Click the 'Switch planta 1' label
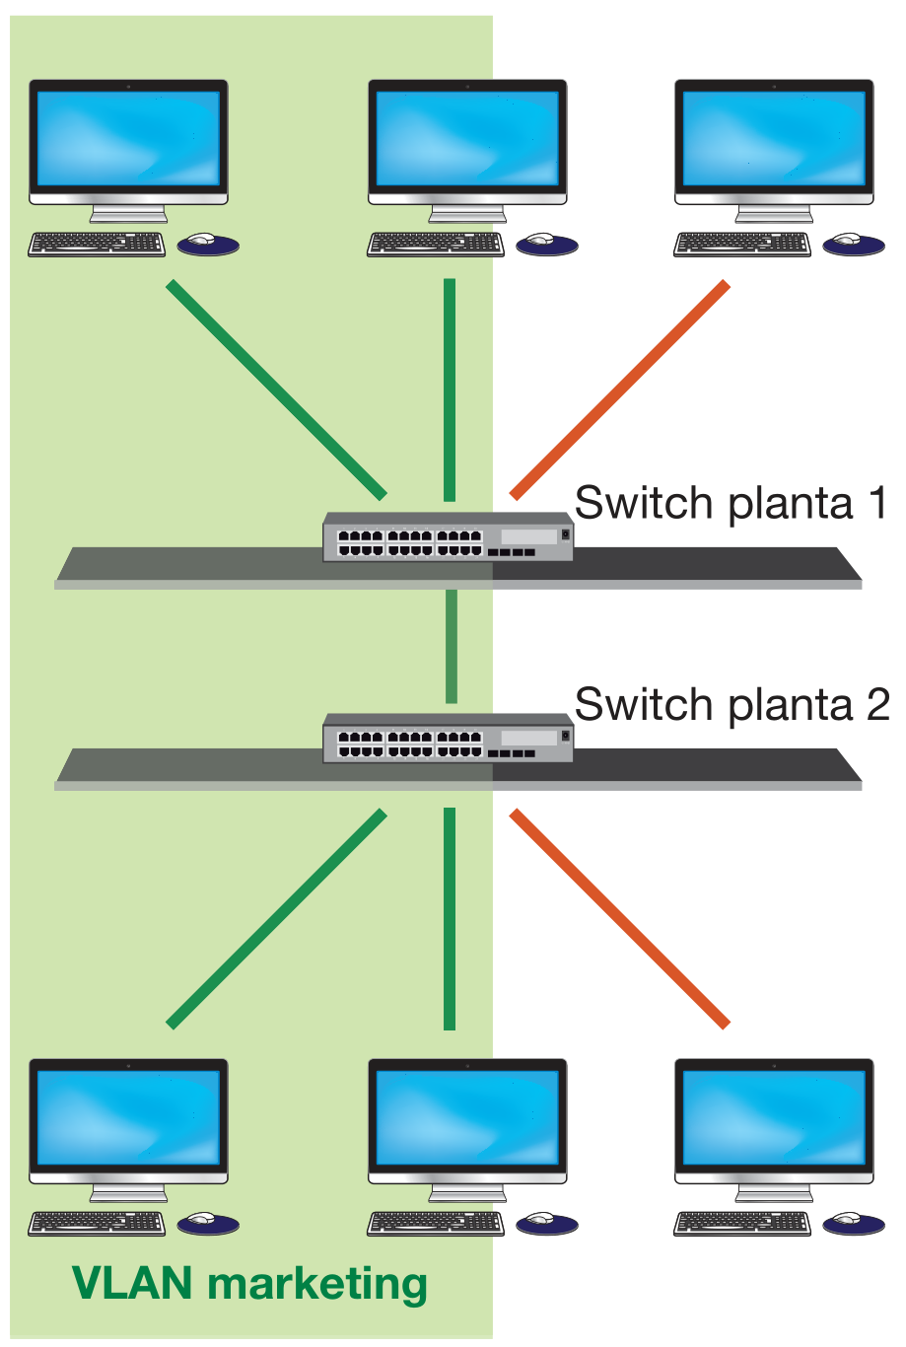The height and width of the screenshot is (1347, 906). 730,503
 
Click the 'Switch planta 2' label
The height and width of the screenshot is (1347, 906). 730,705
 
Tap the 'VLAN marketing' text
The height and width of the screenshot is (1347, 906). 249,1283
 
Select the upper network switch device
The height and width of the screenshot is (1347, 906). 448,537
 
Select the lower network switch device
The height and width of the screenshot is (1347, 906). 448,738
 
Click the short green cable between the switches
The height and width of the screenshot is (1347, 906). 451,646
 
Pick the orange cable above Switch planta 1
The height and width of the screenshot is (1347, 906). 619,390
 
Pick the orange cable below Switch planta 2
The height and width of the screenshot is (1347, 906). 619,918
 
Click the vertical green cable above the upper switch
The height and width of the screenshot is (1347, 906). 450,390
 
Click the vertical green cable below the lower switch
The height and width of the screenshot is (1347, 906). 450,918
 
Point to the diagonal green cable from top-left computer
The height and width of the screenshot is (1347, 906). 277,390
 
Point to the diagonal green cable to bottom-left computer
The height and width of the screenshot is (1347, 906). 277,918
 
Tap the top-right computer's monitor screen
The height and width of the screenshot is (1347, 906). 774,138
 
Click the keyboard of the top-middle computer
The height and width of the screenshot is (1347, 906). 435,244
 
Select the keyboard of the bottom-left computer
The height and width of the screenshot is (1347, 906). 97,1223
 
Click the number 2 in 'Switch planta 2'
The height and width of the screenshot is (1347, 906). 876,705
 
